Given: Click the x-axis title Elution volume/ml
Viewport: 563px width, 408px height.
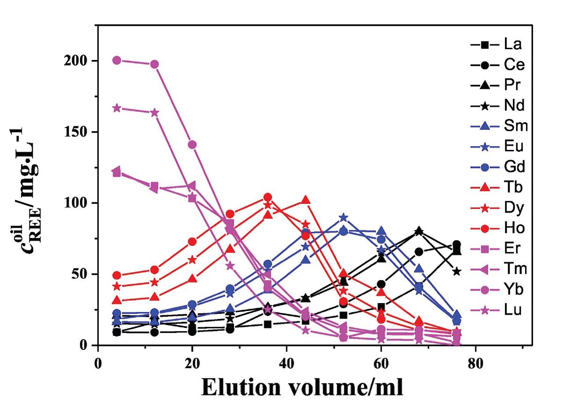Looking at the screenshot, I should [302, 388].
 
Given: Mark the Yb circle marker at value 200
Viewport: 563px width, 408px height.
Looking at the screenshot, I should [117, 60].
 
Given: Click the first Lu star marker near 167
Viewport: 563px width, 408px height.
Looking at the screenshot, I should [117, 108].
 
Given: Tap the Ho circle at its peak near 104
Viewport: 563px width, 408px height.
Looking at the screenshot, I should [268, 197].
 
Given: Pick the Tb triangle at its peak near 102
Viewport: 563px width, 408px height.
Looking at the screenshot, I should [306, 200].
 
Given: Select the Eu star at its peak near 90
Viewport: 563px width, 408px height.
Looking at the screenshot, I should [344, 217].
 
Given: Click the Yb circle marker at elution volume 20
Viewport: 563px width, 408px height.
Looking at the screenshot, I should [192, 145].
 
